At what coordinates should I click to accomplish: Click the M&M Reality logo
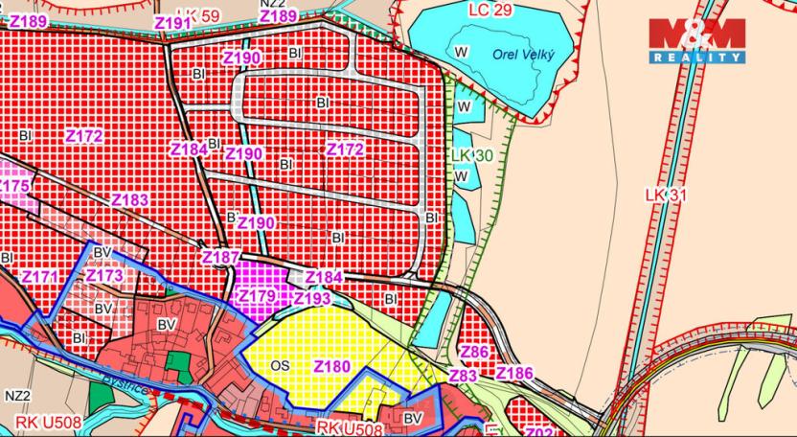click(695, 40)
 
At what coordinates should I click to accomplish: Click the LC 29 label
click(491, 9)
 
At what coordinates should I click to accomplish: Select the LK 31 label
click(667, 195)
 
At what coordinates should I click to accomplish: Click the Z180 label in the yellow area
click(332, 366)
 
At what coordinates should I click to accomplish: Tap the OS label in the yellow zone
click(280, 366)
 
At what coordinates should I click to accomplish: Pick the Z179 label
click(256, 296)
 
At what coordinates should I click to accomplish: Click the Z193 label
click(311, 299)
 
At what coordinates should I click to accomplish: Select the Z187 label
click(220, 258)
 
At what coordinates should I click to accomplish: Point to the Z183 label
click(129, 200)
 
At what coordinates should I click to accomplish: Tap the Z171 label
click(40, 277)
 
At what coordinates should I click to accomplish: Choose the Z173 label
click(104, 276)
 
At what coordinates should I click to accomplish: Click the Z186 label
click(514, 373)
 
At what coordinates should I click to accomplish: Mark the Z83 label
click(463, 377)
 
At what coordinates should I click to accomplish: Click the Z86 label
click(475, 353)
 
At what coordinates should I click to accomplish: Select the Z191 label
click(172, 22)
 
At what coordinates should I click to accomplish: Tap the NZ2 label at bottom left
click(17, 395)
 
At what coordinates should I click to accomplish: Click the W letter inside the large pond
click(462, 51)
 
